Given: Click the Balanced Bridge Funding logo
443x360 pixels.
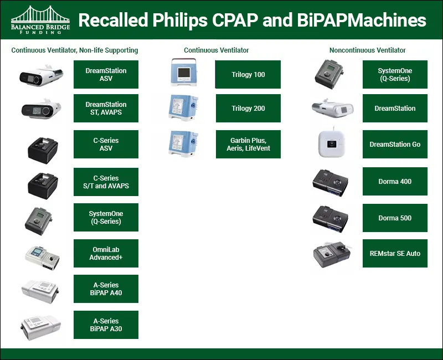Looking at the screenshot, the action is (40, 20).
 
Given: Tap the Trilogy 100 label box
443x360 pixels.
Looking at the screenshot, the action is (248, 74).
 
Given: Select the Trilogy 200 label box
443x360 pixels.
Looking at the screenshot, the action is (248, 108).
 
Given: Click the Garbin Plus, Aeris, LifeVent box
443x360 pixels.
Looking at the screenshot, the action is (248, 144).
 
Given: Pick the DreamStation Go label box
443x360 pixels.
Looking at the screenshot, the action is (395, 144).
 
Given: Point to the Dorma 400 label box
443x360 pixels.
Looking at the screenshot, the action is (395, 182).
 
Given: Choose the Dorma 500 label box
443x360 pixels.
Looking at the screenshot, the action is (395, 218).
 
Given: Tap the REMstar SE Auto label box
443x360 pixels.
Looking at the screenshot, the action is (395, 254).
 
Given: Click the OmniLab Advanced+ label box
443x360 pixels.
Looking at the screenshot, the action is (106, 254).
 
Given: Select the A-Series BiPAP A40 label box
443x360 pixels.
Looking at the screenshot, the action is (106, 289).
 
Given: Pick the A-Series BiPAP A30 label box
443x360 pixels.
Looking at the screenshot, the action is (106, 325).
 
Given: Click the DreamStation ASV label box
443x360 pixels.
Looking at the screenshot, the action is (106, 74).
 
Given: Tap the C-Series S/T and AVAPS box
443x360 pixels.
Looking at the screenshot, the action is (106, 182).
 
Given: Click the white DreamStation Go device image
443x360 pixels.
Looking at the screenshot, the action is (332, 144).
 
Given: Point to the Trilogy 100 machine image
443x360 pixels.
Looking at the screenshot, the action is (184, 73).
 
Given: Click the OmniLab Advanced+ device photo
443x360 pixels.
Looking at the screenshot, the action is (43, 256).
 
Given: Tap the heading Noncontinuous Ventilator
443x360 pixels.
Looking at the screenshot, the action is (367, 50).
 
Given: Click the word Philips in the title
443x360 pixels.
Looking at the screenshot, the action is (179, 20).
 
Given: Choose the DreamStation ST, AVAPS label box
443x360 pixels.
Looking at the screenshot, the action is (106, 108).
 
